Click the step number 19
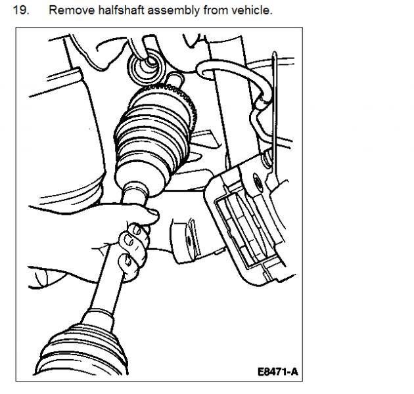21,11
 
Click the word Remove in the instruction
72,11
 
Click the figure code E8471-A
278,372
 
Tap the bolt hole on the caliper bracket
258,181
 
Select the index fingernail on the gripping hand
137,230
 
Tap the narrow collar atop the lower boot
98,318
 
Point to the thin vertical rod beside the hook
275,111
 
